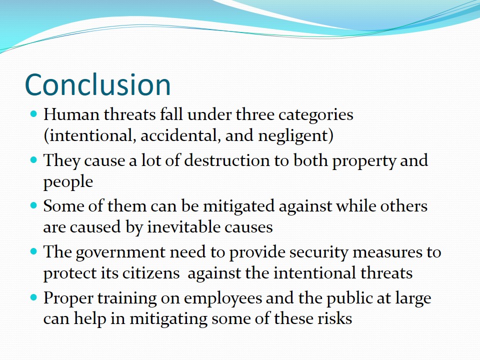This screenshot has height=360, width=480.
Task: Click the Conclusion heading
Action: click(x=97, y=84)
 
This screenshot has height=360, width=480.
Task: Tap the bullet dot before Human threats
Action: click(x=34, y=114)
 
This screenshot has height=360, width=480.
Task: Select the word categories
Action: click(x=315, y=115)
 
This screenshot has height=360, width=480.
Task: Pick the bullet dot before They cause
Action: click(x=34, y=160)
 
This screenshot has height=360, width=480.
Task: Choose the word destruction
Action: click(x=226, y=160)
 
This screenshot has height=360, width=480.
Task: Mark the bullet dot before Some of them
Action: click(x=34, y=205)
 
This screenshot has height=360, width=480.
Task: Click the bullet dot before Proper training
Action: click(x=34, y=297)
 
